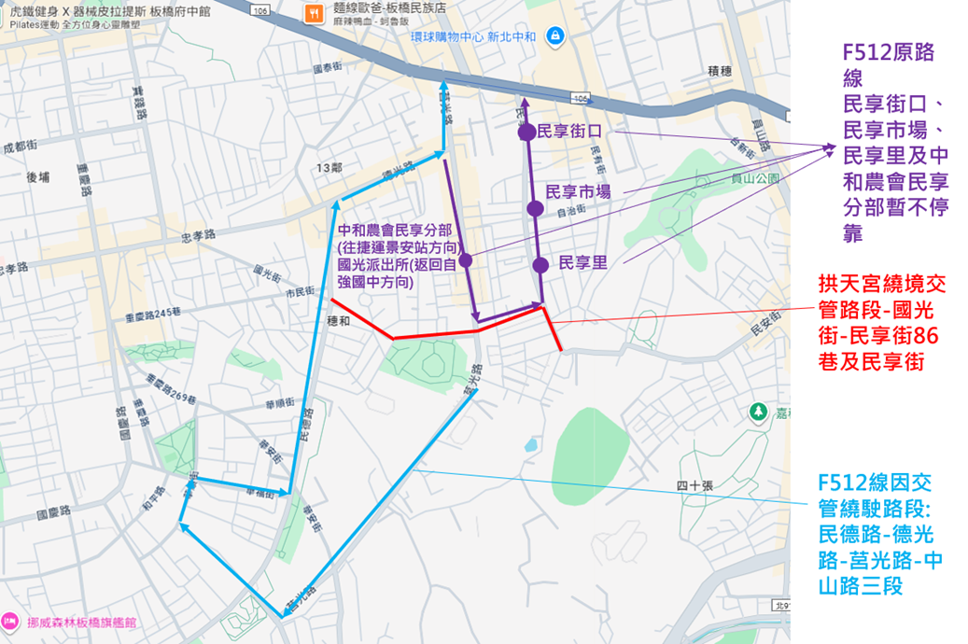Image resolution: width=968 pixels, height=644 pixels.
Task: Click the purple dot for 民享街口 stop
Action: (526, 133)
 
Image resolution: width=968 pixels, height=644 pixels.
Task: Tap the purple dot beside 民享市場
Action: (535, 207)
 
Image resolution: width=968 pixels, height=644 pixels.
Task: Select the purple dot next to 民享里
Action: (540, 265)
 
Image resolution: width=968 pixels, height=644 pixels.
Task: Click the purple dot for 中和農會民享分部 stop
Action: (465, 259)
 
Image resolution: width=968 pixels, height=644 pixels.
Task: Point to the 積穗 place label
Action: (719, 71)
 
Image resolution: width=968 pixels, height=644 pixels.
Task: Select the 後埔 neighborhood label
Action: (38, 176)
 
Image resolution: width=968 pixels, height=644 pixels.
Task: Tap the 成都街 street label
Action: (20, 147)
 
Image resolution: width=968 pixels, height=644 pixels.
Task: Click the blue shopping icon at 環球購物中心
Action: (555, 35)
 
